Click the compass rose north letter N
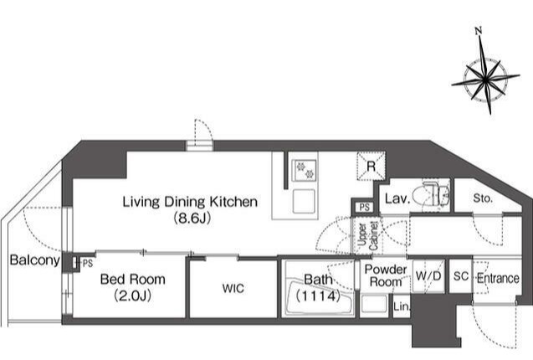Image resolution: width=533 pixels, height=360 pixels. [x=479, y=31]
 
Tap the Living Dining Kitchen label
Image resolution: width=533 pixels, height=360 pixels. [x=190, y=202]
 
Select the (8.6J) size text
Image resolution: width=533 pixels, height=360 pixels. [x=192, y=218]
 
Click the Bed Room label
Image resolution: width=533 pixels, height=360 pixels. [x=133, y=280]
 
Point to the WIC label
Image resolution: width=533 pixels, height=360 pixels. [x=233, y=289]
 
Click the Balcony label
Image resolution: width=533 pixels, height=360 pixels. [x=35, y=260]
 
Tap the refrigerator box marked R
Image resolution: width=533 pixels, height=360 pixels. [x=372, y=166]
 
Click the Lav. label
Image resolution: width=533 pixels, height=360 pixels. [x=397, y=198]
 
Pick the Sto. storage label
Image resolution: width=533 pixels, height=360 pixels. [x=483, y=198]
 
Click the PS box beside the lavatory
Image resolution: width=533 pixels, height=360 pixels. [x=365, y=208]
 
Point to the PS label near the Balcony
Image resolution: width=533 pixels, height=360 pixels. [x=87, y=263]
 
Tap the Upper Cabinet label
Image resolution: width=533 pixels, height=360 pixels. [x=368, y=236]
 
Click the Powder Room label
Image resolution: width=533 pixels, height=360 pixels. [x=386, y=275]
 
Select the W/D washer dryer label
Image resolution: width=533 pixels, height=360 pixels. [x=428, y=276]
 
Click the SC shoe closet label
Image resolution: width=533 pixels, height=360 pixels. [x=461, y=276]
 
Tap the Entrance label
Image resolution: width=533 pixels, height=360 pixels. [x=498, y=278]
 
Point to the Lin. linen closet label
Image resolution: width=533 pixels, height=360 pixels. [x=402, y=307]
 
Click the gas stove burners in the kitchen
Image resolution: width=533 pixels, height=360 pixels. [x=305, y=170]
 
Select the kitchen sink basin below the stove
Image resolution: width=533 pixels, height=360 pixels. [x=305, y=201]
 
